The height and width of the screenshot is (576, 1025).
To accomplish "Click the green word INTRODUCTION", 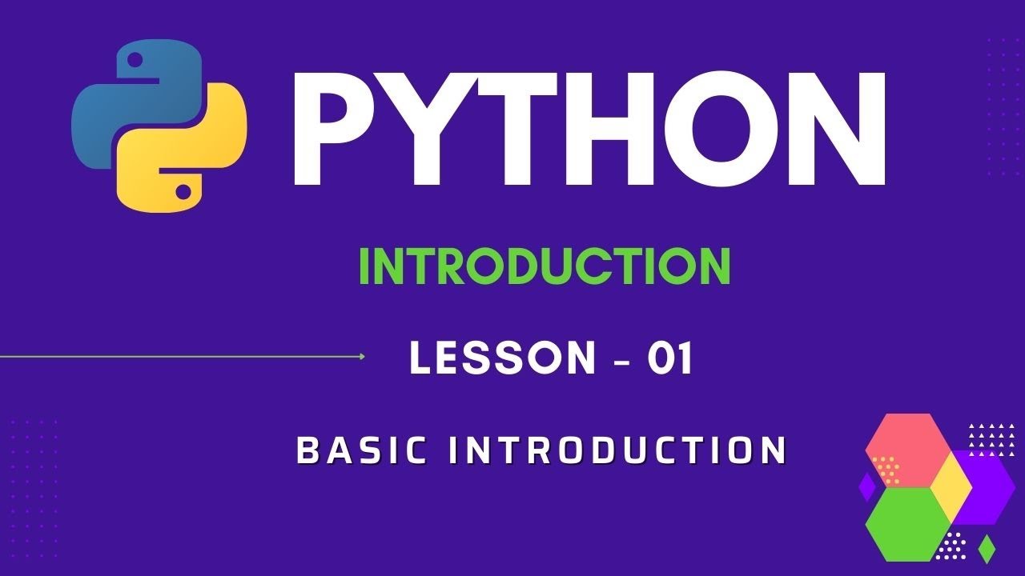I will [545, 266].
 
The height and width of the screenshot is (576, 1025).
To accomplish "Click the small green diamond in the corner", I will [987, 548].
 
